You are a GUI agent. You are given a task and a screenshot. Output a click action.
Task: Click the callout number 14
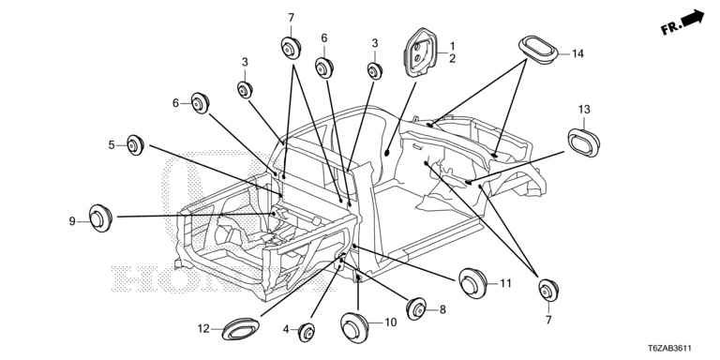[577, 53]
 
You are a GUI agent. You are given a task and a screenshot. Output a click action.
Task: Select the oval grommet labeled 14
[538, 48]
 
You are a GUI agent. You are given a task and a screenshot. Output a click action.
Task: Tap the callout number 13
[584, 110]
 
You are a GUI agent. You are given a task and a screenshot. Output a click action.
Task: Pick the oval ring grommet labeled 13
[584, 142]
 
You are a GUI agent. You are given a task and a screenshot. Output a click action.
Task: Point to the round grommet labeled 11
[472, 283]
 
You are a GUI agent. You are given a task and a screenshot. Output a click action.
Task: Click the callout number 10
[390, 322]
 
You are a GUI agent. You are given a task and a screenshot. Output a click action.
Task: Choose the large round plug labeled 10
[354, 327]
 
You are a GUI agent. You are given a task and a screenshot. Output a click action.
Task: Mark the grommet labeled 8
[416, 309]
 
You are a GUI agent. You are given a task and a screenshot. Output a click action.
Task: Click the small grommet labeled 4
[307, 333]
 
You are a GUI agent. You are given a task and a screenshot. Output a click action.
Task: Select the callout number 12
[203, 329]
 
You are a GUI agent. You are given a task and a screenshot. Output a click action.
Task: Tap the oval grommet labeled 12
[240, 329]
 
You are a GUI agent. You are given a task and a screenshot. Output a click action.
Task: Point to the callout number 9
[72, 221]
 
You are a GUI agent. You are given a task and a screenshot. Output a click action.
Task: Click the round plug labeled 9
[100, 218]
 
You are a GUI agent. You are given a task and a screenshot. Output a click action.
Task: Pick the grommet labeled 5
[135, 145]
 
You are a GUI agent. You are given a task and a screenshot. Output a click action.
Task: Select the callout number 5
[112, 145]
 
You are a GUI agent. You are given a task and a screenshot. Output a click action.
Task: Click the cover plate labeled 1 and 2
[419, 52]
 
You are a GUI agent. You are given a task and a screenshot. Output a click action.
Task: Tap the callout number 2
[452, 58]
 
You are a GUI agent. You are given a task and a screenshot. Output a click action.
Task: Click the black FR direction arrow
[693, 19]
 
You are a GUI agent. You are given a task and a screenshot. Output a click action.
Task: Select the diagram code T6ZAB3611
[670, 349]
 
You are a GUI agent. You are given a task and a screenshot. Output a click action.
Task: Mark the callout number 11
[505, 283]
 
